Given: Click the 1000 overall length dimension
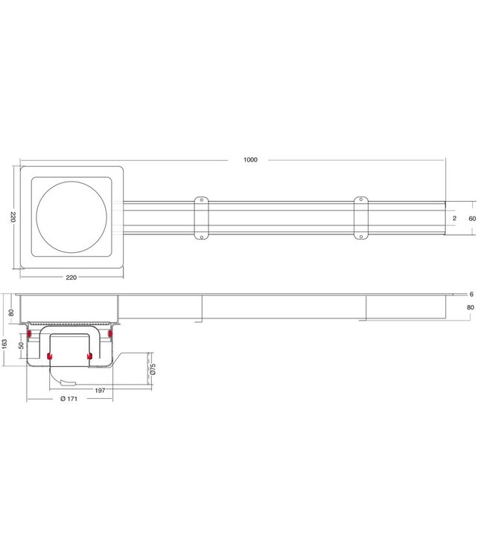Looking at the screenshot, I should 249,160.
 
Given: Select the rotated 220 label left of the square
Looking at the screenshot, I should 12,217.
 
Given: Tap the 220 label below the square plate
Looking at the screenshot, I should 71,278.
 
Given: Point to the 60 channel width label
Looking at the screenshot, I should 471,218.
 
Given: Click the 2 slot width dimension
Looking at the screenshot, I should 454,218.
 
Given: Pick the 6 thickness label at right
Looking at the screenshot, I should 471,295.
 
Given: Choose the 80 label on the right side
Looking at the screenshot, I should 470,307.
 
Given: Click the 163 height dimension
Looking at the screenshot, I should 5,343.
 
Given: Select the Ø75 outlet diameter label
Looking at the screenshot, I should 153,369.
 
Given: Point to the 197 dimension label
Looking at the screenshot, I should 99,389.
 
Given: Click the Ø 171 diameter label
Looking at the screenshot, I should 70,400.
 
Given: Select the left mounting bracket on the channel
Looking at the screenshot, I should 201,218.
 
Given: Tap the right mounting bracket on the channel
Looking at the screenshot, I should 360,218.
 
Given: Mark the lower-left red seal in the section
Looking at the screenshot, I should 50,359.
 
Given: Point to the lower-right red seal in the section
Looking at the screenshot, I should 89,359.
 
